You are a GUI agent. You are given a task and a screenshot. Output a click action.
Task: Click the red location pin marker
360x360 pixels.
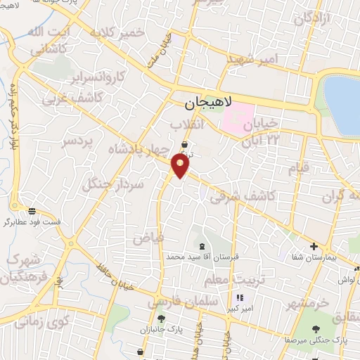(x=181, y=166)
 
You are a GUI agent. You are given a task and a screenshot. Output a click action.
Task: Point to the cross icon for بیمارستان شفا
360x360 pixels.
(x=314, y=247)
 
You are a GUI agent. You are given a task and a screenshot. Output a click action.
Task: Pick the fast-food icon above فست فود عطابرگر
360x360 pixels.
(x=32, y=210)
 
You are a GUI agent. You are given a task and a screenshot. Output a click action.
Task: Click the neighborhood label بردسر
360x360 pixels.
(x=77, y=143)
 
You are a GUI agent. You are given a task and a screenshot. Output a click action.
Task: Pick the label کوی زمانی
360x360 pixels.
(x=42, y=323)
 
